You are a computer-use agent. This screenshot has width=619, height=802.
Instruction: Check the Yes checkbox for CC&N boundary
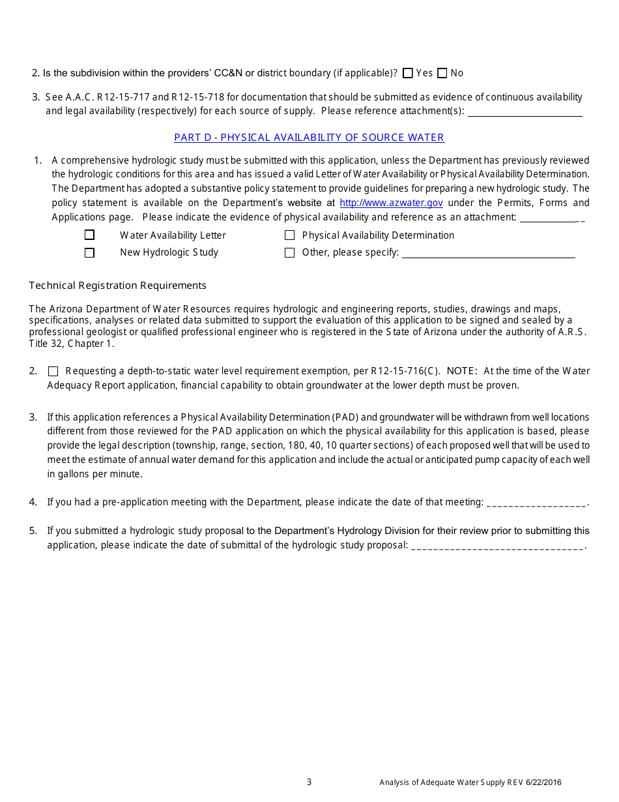[x=408, y=74]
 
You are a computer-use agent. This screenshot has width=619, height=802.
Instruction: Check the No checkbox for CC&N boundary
[x=442, y=74]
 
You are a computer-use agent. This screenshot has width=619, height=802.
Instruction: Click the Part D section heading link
[x=309, y=138]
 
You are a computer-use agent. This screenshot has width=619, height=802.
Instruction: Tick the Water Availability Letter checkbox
[x=90, y=235]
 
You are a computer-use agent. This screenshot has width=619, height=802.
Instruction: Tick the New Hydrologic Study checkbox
[x=90, y=253]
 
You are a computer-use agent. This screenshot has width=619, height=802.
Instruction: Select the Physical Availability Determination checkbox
[x=290, y=235]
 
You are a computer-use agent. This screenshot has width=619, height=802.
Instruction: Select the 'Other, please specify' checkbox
[x=290, y=253]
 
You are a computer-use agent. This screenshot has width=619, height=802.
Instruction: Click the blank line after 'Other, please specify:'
[x=488, y=254]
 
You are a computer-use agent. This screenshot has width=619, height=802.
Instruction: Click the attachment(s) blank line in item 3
[x=525, y=111]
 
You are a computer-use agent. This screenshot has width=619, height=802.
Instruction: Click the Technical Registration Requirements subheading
[x=118, y=286]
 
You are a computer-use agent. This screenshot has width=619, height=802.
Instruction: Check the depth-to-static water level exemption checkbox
[x=53, y=372]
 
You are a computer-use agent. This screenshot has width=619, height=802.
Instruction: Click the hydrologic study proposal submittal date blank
[x=498, y=546]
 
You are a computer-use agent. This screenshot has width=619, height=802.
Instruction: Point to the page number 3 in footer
[x=309, y=782]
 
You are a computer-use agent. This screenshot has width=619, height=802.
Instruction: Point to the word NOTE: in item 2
[x=462, y=371]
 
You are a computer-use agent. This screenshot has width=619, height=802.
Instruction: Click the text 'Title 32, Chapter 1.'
[x=72, y=344]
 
